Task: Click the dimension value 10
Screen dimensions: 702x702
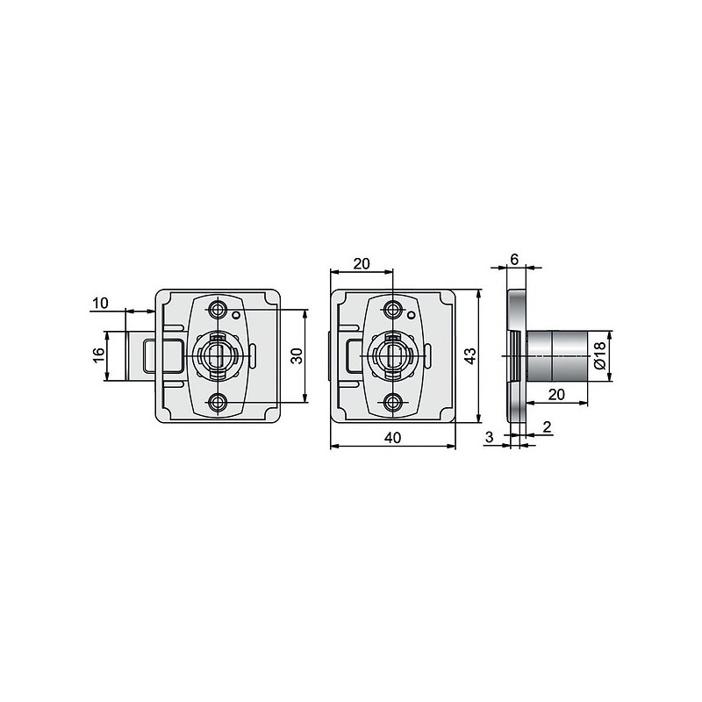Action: coord(100,303)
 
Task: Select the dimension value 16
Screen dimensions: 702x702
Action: coord(98,356)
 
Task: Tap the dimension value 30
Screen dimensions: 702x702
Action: coord(297,356)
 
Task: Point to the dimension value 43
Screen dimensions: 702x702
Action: coord(469,356)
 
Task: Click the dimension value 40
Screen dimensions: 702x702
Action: coord(392,437)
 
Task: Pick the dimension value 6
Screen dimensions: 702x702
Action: coord(514,259)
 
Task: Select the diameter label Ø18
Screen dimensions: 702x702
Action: coord(599,355)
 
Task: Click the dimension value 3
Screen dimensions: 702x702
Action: coord(489,436)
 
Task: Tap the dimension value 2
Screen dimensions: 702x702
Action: coord(547,427)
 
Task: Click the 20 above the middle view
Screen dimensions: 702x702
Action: coord(362,264)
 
